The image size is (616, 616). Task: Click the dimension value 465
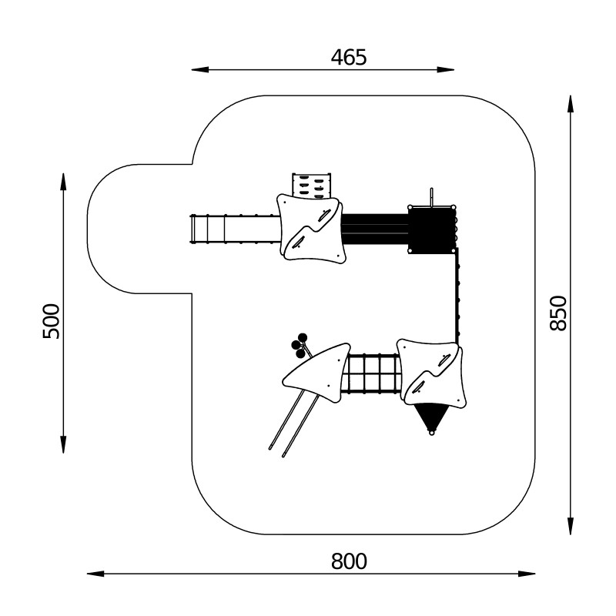(x=349, y=56)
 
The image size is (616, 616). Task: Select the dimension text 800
(x=349, y=561)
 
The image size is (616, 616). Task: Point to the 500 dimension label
(x=51, y=321)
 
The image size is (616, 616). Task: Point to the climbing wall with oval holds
(x=311, y=185)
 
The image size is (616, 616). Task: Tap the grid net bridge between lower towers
(x=372, y=373)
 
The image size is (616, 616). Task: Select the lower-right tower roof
(x=431, y=373)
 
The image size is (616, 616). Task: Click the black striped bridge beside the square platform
(x=375, y=229)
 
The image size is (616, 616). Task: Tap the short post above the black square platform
(x=433, y=196)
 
